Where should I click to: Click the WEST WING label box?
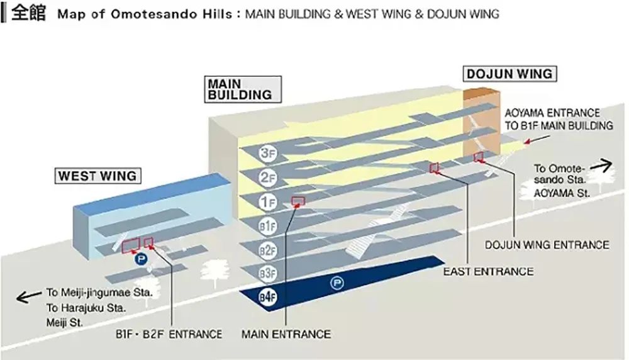click(x=98, y=176)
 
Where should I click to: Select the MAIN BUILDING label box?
click(x=239, y=89)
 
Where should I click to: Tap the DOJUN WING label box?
click(x=509, y=74)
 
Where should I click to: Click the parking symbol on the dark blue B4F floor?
click(x=338, y=284)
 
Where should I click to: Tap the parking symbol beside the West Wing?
click(x=139, y=257)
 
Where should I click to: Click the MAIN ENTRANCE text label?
click(x=286, y=334)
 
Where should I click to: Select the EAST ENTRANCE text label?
click(x=488, y=272)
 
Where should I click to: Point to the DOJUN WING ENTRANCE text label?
click(x=547, y=245)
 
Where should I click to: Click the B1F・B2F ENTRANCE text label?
click(x=169, y=334)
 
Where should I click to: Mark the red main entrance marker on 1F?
click(x=299, y=201)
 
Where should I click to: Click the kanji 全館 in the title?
click(x=29, y=13)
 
